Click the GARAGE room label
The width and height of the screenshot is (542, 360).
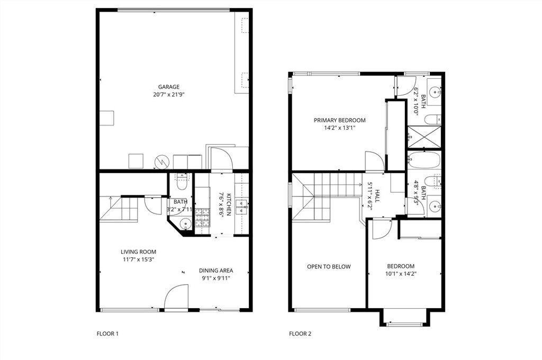[169, 87]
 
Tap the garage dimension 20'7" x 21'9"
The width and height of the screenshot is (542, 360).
[169, 94]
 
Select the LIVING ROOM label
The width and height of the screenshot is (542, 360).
[138, 252]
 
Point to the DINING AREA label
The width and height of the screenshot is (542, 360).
[216, 271]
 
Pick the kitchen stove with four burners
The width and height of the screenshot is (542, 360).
[203, 218]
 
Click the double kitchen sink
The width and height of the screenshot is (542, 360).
[241, 206]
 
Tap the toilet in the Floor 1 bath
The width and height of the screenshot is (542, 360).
[181, 182]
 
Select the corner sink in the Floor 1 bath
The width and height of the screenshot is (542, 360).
[186, 224]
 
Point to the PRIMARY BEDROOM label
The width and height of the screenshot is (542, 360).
[339, 120]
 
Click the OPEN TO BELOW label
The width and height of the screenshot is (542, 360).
[329, 267]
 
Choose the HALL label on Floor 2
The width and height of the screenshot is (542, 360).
[377, 196]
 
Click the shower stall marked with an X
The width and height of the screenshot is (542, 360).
[424, 137]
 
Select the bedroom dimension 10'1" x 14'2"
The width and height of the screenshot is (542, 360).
[401, 274]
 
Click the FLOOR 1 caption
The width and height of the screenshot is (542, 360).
[107, 334]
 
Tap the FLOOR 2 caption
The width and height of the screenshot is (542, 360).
[300, 334]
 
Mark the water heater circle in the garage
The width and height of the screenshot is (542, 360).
[161, 161]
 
